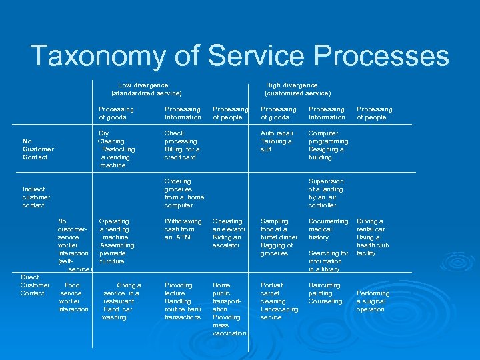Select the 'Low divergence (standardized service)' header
[146, 89]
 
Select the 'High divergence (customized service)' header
[297, 89]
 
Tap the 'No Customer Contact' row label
[37, 149]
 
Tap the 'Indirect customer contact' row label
[36, 197]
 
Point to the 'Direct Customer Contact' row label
[33, 285]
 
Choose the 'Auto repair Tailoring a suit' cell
[277, 141]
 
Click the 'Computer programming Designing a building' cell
[328, 145]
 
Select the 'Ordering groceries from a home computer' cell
[184, 193]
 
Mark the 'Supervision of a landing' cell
[326, 193]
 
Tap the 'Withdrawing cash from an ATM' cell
[183, 229]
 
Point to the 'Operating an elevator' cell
[229, 233]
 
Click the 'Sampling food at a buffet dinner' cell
[279, 237]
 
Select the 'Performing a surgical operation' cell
[373, 301]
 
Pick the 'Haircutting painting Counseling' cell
[325, 293]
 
